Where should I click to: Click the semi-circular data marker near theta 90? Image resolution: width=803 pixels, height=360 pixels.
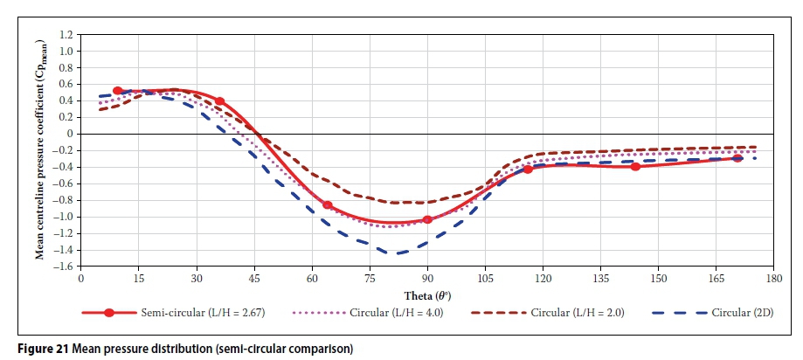[427, 219]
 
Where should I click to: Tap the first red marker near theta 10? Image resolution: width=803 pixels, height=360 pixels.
[118, 91]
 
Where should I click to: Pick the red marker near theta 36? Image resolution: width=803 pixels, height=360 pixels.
[220, 102]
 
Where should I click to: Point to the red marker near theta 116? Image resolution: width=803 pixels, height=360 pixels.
[528, 170]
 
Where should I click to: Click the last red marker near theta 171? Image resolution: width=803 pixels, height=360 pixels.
[738, 158]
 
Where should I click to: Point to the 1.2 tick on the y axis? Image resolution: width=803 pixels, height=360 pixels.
[66, 35]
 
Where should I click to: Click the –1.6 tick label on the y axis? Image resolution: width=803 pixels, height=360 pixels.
[63, 267]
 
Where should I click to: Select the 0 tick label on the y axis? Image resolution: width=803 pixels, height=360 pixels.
[71, 134]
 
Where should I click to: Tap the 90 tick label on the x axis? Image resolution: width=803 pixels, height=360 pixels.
[426, 280]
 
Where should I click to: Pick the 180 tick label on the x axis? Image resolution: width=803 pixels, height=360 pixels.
[773, 280]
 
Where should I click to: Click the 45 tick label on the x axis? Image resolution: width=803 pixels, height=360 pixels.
[254, 280]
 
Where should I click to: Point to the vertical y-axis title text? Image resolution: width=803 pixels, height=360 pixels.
[40, 150]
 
